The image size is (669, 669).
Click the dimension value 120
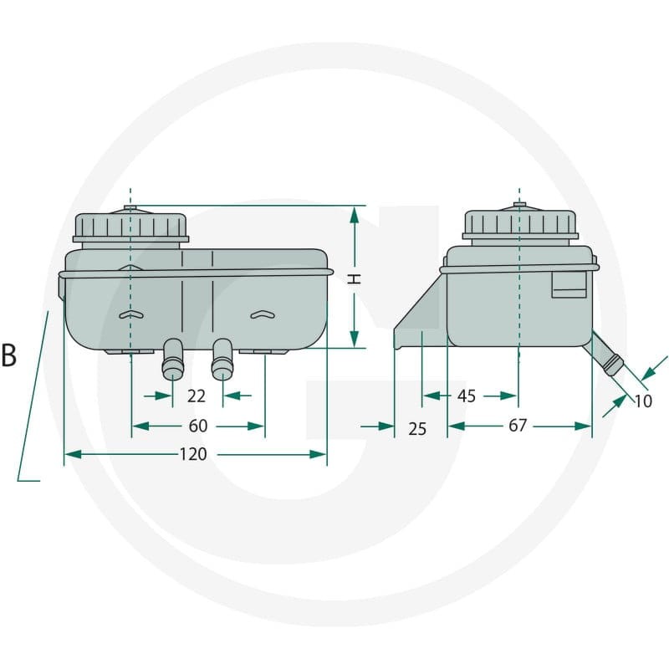(x=193, y=454)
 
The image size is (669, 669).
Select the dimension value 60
(x=198, y=426)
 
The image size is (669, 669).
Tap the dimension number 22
(x=197, y=396)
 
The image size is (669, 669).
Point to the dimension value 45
(x=467, y=396)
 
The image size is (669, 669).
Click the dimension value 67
(x=518, y=426)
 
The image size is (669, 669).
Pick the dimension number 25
(x=416, y=429)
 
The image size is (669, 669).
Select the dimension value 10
(x=643, y=401)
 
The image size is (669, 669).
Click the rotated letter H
(x=354, y=279)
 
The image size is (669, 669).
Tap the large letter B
(x=8, y=355)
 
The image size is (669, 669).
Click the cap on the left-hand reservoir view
(x=130, y=227)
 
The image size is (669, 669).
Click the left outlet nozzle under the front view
(x=173, y=359)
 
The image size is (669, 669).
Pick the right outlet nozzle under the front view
(x=222, y=359)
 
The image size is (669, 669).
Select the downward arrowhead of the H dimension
(x=354, y=340)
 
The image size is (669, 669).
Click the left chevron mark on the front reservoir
(x=131, y=314)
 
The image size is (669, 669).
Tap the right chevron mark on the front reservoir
(x=263, y=314)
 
